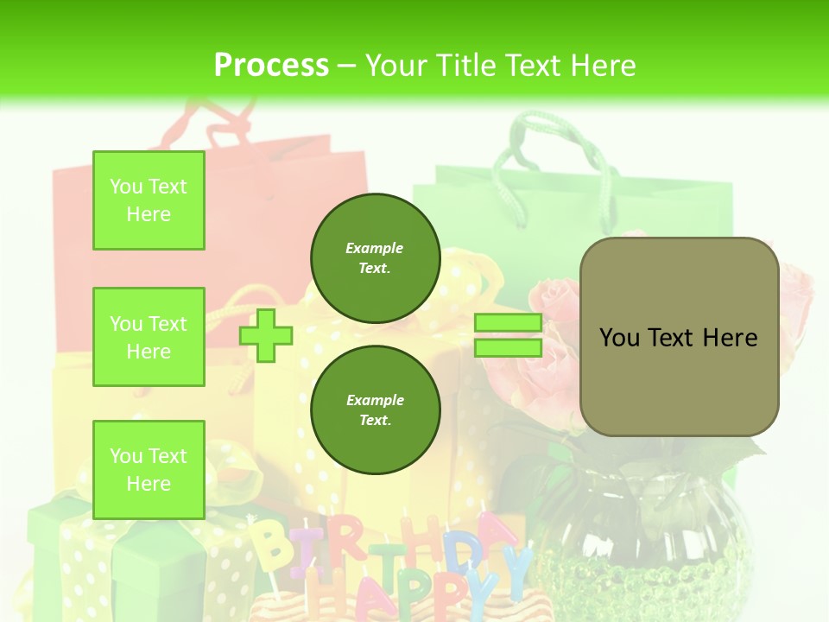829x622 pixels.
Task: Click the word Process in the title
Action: (271, 65)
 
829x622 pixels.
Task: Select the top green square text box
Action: (149, 200)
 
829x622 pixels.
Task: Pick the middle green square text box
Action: (149, 337)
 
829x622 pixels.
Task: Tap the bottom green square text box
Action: (149, 469)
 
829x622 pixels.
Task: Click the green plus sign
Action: (266, 335)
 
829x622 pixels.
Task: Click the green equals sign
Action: (508, 335)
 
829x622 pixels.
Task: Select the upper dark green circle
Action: (375, 258)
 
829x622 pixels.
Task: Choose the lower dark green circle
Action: (375, 410)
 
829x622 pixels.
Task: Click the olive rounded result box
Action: (679, 337)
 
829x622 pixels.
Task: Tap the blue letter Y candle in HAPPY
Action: (516, 570)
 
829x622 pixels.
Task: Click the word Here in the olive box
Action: (730, 337)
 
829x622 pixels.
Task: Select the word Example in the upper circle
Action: (375, 248)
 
